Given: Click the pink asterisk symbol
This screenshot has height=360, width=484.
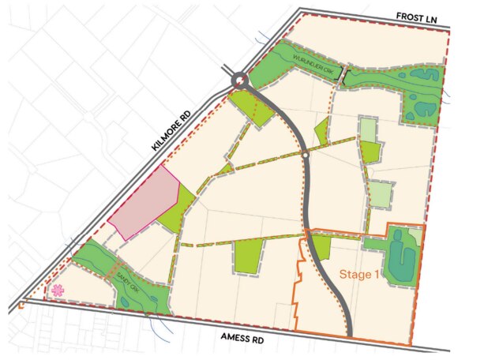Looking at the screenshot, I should pos(56,291).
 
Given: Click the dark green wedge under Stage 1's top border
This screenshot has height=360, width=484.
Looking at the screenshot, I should pos(320,247).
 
